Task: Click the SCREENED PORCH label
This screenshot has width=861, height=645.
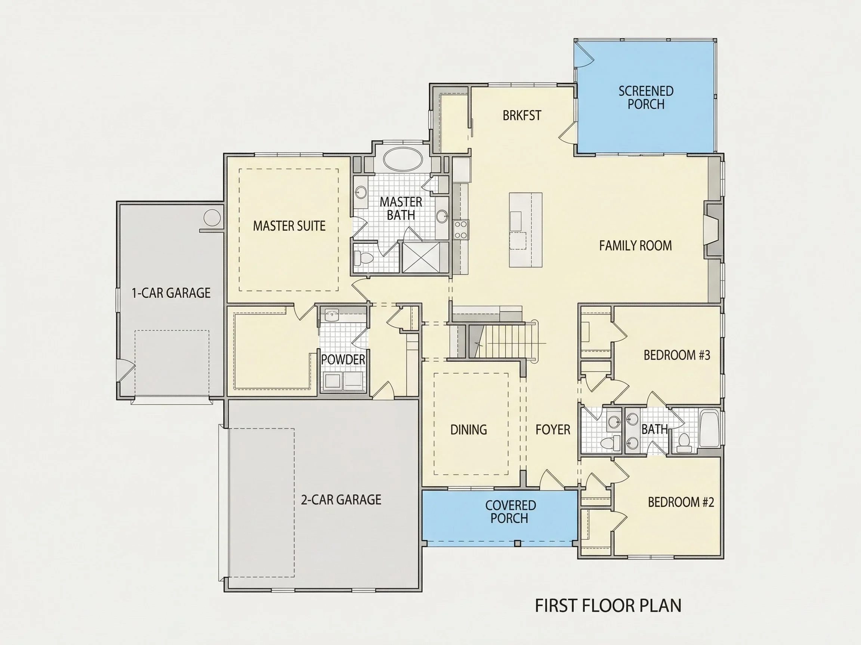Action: click(646, 97)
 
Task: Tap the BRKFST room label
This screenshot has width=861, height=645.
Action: click(522, 115)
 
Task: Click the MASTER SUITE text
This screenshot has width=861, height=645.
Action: click(289, 226)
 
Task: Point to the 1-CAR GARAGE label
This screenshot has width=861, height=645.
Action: click(171, 293)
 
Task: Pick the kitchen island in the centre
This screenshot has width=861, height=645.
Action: click(525, 230)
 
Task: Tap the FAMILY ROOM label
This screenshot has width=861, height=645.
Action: click(635, 246)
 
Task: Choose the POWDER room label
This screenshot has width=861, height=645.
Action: click(343, 359)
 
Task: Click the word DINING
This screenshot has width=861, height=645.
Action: click(469, 430)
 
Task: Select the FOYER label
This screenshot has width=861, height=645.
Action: click(553, 430)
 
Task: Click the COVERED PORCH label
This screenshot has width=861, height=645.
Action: click(510, 512)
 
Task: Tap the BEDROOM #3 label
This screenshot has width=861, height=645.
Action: click(677, 355)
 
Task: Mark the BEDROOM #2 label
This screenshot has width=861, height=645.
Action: click(681, 502)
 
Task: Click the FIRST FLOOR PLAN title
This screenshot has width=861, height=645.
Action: click(608, 606)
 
